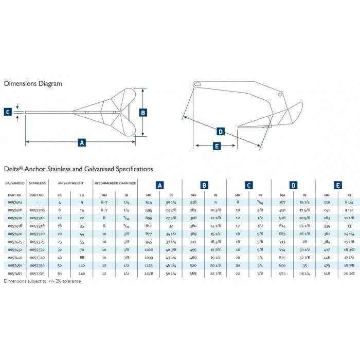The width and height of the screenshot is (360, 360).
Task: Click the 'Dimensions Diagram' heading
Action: click(x=33, y=83)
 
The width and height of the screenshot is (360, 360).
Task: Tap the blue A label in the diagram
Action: click(x=81, y=143)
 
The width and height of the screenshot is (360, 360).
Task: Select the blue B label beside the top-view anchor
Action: click(x=143, y=112)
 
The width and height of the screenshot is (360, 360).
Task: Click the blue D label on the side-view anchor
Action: click(x=221, y=132)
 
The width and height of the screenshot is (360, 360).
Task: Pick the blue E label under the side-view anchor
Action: click(x=216, y=146)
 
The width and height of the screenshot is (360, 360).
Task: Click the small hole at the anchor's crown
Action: click(x=279, y=95)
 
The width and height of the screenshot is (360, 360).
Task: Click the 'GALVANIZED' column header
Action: click(x=14, y=183)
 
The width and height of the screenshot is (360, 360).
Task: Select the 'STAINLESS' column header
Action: click(x=38, y=183)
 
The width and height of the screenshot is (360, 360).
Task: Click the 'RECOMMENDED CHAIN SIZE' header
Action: click(x=115, y=183)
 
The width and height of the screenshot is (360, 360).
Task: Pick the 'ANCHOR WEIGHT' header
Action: click(x=69, y=183)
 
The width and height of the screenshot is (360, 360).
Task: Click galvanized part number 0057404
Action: click(x=14, y=203)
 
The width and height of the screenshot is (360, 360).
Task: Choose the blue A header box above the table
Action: click(x=159, y=184)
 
